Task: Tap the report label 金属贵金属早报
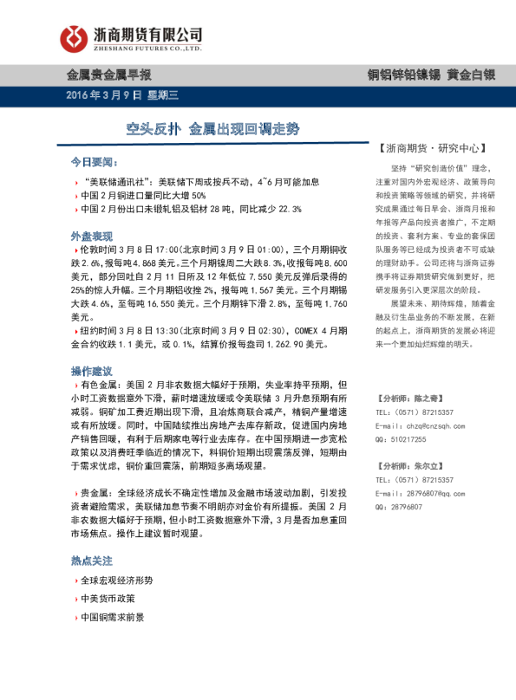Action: [110, 75]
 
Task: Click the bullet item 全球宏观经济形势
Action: [115, 580]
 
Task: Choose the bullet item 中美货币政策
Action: [108, 599]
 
